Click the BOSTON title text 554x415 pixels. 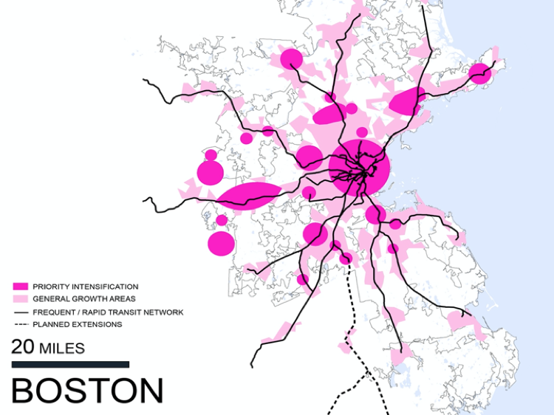[x=87, y=391]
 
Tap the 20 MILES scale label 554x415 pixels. [x=48, y=347]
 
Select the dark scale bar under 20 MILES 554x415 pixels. [x=70, y=364]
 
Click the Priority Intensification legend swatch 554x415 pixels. [x=20, y=286]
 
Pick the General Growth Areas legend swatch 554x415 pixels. [x=20, y=298]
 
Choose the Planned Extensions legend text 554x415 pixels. [x=78, y=324]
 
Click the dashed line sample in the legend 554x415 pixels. [x=20, y=324]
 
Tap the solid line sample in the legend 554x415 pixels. [x=20, y=312]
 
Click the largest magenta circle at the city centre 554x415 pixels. [x=360, y=168]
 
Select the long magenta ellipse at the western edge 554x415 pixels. [x=249, y=196]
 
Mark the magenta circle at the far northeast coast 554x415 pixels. [x=480, y=72]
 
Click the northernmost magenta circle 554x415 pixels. [x=292, y=58]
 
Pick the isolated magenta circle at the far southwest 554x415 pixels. [x=221, y=243]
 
